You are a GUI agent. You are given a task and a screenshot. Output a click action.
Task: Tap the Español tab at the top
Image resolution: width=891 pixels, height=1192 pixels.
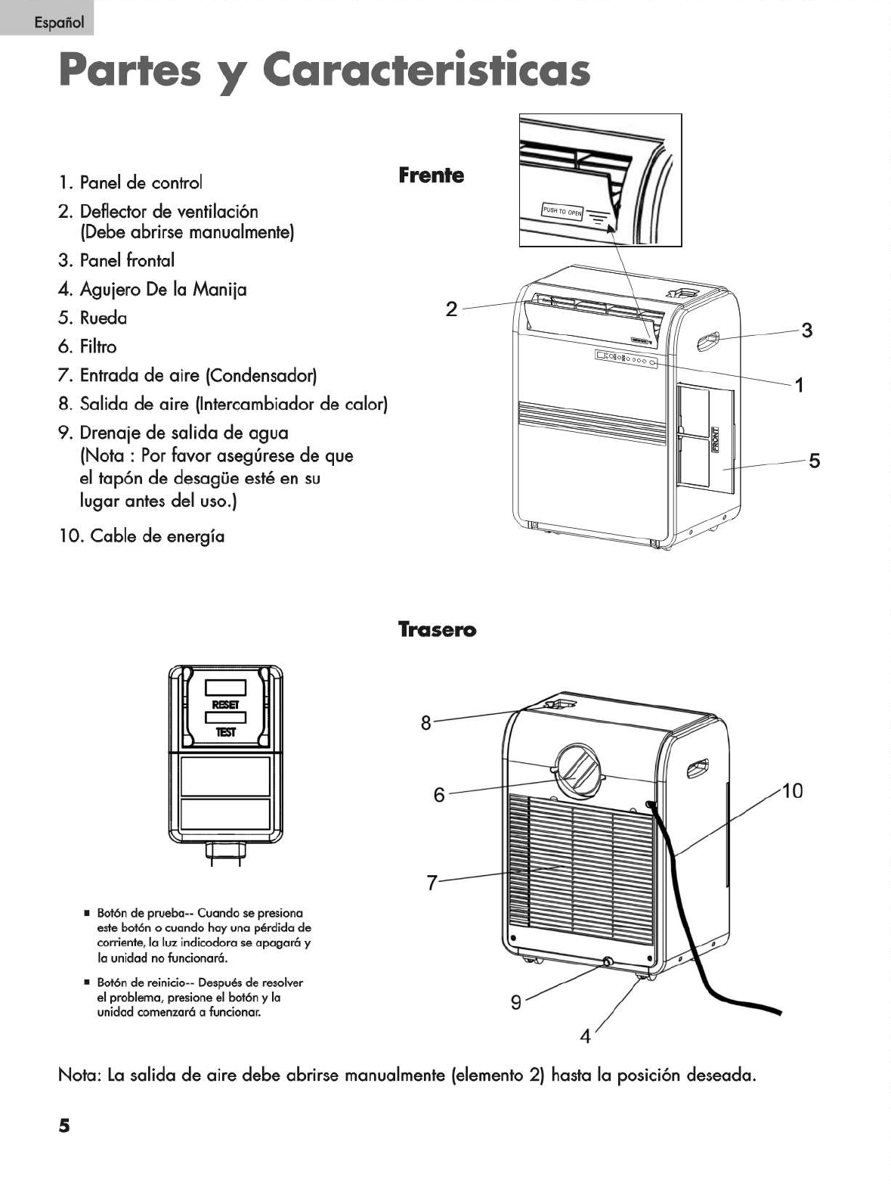click(47, 22)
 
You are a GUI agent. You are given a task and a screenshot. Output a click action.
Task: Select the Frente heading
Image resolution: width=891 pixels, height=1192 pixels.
click(431, 175)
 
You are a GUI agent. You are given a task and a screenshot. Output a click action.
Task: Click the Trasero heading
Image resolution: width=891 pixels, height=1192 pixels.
click(437, 630)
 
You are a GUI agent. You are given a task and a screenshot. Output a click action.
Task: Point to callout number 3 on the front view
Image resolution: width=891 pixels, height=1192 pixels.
click(807, 331)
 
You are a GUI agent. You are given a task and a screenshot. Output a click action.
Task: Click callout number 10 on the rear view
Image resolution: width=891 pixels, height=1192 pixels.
click(792, 791)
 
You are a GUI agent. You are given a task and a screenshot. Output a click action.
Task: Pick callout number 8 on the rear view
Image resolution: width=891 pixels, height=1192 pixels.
click(425, 724)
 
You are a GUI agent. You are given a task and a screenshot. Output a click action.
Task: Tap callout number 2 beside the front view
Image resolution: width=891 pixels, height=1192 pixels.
click(451, 309)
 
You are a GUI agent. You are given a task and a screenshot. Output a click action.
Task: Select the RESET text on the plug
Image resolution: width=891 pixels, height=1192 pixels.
click(225, 705)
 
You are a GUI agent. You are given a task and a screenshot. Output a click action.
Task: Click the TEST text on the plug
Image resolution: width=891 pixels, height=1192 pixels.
click(225, 732)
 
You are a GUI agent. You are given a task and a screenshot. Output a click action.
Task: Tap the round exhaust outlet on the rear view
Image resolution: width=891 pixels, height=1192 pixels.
click(580, 771)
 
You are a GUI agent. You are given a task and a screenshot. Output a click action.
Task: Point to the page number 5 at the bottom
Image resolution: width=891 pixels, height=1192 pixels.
click(64, 1125)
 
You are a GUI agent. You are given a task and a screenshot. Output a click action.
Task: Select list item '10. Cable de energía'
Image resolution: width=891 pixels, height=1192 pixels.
click(141, 536)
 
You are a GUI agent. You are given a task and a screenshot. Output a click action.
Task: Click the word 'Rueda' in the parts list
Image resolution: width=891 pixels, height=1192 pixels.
click(104, 318)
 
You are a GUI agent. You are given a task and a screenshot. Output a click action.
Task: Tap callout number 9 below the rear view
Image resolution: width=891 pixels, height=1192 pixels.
click(516, 1003)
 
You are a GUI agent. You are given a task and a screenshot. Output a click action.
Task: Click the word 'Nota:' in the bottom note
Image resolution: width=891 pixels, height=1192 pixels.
click(79, 1076)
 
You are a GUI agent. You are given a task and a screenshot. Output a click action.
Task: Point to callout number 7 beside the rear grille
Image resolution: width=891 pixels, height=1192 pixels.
click(432, 883)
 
